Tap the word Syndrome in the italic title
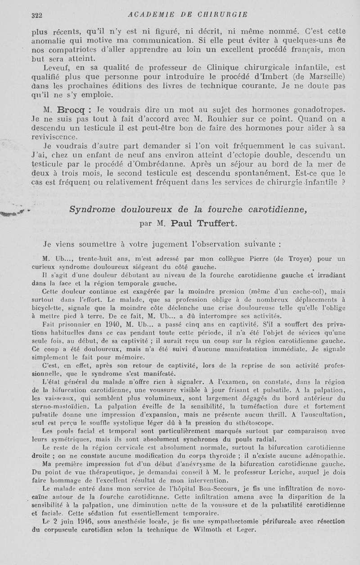pos(91,208)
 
